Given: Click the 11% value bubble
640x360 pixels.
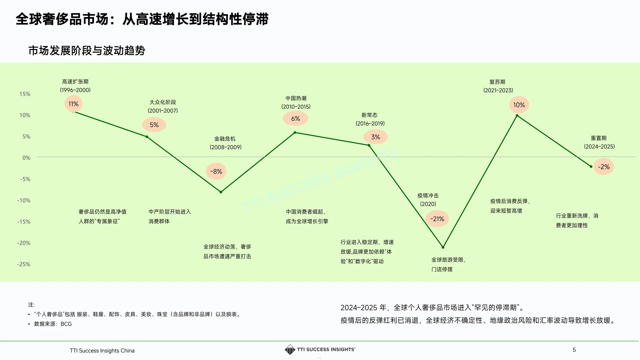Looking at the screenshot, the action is (x=73, y=104).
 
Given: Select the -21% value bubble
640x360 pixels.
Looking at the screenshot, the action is (x=437, y=219).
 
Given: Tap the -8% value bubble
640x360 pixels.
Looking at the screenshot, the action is (x=216, y=171).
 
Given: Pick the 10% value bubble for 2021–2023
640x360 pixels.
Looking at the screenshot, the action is (x=519, y=105).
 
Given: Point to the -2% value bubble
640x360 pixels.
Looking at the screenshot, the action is (x=604, y=167).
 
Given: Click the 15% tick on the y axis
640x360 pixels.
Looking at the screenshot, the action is (x=25, y=94).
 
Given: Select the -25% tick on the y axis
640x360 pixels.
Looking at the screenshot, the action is (x=24, y=264).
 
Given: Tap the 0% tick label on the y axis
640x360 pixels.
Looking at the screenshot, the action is (x=26, y=158).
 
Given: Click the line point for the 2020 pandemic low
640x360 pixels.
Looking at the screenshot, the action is (x=443, y=247).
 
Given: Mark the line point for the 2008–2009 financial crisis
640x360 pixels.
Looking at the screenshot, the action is (x=221, y=192).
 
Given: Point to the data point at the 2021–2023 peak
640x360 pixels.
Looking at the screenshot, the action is (x=517, y=116).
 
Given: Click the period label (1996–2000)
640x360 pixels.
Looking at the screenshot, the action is (x=75, y=90).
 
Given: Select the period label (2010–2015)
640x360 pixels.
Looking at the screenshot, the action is (x=296, y=107).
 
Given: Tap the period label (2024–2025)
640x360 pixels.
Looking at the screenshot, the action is (x=599, y=146).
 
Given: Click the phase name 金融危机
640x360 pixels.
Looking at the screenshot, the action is (x=225, y=139).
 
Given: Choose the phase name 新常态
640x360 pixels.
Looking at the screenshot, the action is (x=369, y=115).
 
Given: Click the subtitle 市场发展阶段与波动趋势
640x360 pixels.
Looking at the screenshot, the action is (x=87, y=51).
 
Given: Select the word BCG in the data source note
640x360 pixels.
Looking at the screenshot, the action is (x=66, y=324).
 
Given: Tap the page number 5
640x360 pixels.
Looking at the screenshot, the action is (x=574, y=350).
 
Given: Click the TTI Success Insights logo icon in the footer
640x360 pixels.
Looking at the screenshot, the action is (x=290, y=350).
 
